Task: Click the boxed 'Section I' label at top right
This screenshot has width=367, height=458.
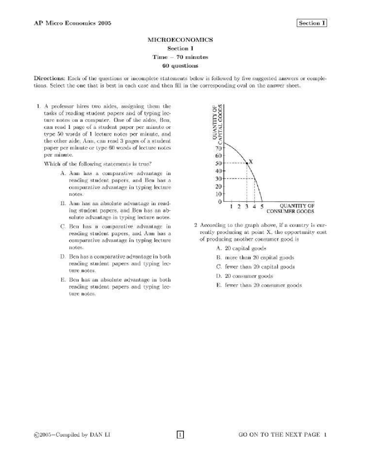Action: tap(311, 23)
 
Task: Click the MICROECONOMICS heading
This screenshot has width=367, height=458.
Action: tap(180, 40)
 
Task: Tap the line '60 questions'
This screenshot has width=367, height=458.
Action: tap(180, 66)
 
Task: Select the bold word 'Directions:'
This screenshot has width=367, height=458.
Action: tap(49, 78)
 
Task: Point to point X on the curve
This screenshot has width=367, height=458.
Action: tap(247, 163)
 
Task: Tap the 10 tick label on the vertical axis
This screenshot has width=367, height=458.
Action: tap(218, 194)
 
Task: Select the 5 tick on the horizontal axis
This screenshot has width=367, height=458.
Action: tap(262, 206)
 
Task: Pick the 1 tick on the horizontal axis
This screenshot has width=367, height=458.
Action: tap(232, 206)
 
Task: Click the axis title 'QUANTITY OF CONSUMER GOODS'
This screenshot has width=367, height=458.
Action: tap(291, 208)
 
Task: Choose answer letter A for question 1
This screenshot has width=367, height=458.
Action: tap(63, 173)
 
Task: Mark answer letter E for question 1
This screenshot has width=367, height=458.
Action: tap(63, 280)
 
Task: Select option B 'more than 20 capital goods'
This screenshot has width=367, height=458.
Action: tap(259, 258)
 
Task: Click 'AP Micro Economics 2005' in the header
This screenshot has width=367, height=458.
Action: tap(72, 23)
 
